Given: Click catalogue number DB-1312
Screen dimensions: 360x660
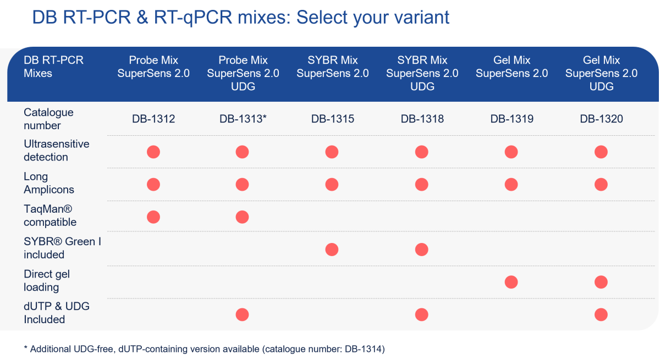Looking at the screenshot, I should (153, 119).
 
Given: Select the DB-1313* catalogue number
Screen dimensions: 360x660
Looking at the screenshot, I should (243, 119).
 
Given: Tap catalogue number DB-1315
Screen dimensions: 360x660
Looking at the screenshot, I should (332, 119).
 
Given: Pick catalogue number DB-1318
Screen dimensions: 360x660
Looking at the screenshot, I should (421, 119).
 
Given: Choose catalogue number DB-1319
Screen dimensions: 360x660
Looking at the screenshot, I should (511, 119).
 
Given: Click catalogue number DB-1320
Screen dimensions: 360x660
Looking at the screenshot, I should (601, 119).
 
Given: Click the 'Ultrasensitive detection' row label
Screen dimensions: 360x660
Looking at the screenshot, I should (56, 151).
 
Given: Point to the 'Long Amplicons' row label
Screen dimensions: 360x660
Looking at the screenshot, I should (48, 183).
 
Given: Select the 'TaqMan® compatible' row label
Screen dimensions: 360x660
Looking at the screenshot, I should (50, 215).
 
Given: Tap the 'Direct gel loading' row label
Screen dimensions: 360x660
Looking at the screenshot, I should (46, 280).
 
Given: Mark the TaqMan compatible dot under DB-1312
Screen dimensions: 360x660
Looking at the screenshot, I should (153, 217).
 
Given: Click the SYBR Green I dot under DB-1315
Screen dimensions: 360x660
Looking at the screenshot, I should (332, 250).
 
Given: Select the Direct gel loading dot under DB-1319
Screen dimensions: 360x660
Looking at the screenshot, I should (511, 282).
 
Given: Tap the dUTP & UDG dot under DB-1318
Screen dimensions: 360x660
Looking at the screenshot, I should (421, 314).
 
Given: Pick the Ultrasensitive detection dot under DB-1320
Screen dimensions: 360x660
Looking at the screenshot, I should (601, 152).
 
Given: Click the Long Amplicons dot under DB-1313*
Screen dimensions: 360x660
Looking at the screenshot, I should (243, 184).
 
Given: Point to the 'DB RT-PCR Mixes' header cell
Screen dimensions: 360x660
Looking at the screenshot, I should (53, 66).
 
